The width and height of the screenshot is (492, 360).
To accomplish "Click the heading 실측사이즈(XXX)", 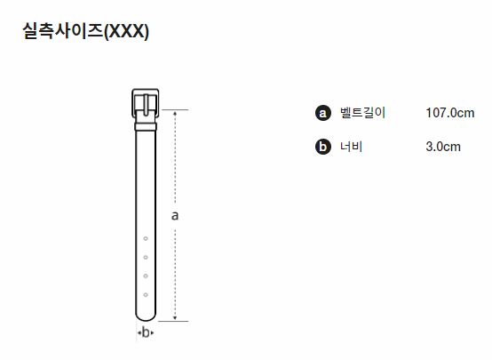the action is pos(85,31).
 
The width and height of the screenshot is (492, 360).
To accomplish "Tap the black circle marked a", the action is pos(323,113).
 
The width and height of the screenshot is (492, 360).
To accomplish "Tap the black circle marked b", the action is pos(323,147).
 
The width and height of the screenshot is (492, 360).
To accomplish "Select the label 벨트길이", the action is pos(362,113).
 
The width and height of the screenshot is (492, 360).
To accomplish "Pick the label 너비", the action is pos(352,147).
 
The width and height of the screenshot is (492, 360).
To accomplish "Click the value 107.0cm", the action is pos(450,113).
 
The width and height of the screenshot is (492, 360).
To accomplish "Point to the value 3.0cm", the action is pos(443,147).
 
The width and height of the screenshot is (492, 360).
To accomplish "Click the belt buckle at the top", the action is pos(146,103).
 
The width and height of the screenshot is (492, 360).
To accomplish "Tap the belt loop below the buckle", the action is pos(146,126).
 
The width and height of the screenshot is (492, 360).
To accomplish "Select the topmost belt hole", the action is pos(146,239).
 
